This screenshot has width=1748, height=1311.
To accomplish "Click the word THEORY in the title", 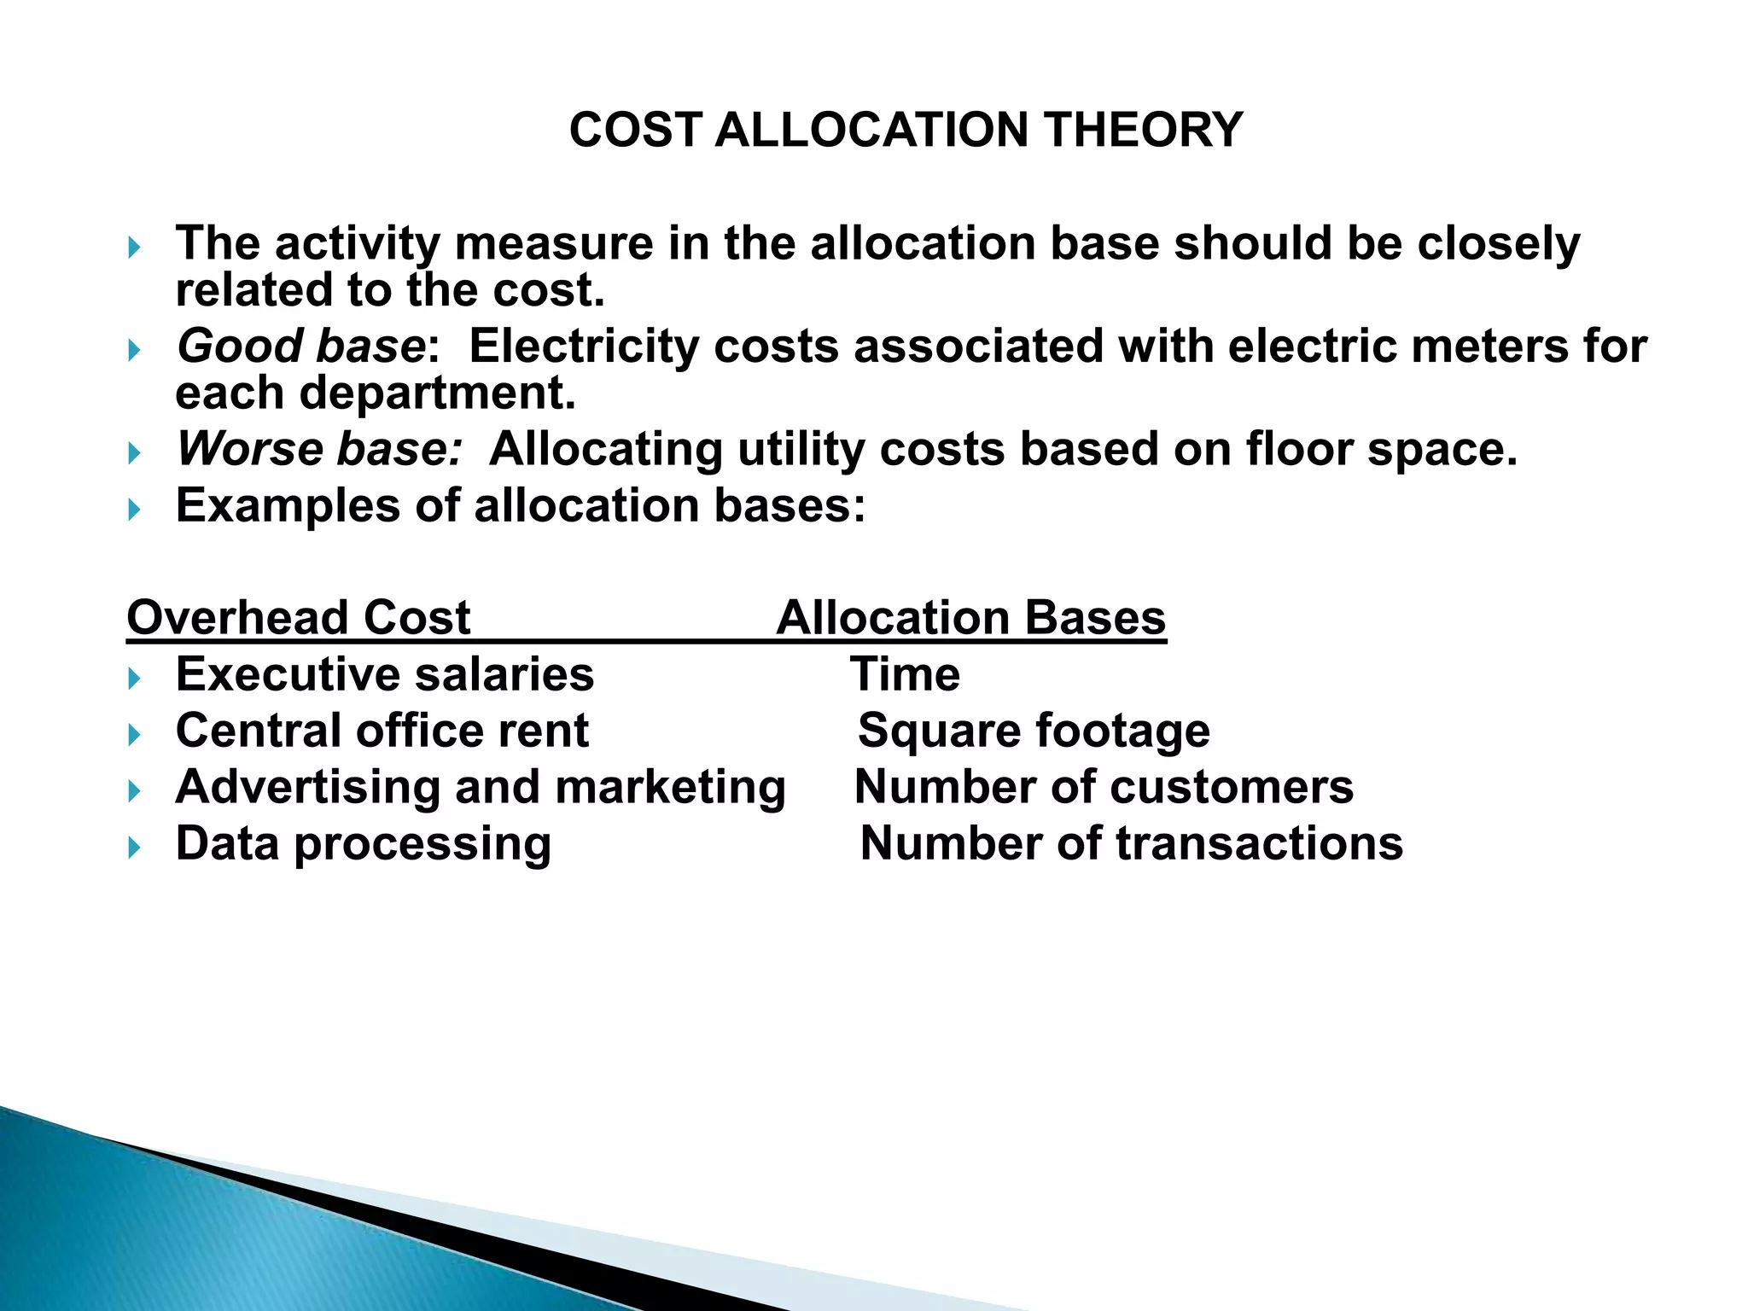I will coord(1143,131).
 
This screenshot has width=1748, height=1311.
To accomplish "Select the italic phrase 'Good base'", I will coord(300,347).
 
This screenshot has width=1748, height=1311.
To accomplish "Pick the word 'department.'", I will coord(437,393).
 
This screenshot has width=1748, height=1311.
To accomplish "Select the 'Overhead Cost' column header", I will coord(298,617).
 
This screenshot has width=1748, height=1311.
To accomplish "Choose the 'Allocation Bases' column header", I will coord(970,617).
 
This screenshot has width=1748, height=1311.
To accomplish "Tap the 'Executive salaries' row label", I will coord(384,674).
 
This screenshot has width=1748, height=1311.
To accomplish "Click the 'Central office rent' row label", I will coord(382,731).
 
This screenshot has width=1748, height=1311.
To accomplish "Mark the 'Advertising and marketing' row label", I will coord(480,787).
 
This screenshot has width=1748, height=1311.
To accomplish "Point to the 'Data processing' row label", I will coord(363,844).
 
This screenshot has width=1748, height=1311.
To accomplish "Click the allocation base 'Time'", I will coord(905,674).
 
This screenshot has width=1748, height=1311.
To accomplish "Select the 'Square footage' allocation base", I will coord(1034,731).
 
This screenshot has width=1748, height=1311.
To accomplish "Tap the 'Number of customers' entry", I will coord(1104,787).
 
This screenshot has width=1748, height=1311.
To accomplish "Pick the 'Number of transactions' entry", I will coord(1131,843).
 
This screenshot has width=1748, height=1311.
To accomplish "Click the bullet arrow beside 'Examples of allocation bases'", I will coord(134,510).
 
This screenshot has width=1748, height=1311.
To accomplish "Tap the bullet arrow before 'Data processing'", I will coord(134,848).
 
